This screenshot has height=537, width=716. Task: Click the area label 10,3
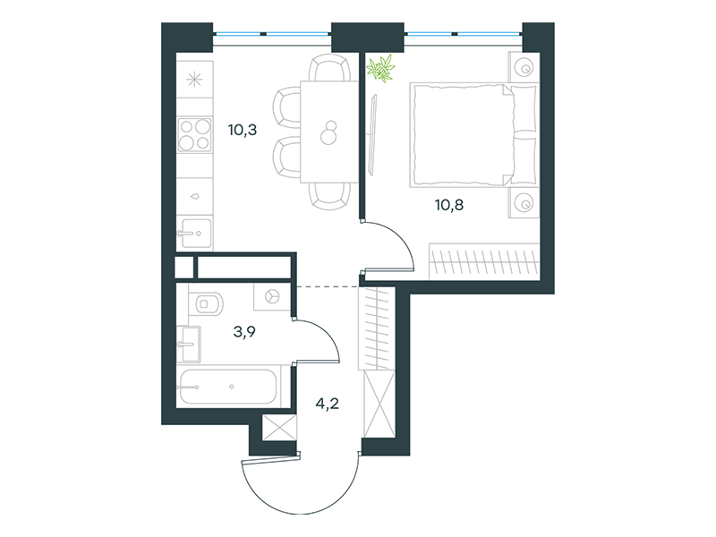tap(243, 130)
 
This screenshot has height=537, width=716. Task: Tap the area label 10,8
tap(449, 205)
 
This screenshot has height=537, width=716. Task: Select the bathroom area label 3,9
tap(244, 331)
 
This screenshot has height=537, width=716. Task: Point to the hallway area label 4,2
tap(327, 404)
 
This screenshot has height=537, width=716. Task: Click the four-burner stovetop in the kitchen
tap(195, 134)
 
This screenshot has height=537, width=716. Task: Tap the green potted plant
tap(380, 68)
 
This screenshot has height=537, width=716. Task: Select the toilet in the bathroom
tap(207, 303)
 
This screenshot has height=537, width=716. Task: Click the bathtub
tap(228, 387)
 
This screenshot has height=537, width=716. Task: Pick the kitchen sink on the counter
tap(195, 233)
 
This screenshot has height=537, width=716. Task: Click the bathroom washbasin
tap(189, 344)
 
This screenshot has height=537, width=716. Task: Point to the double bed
tap(473, 135)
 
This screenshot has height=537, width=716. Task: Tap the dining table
tap(328, 132)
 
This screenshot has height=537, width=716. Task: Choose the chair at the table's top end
tap(328, 68)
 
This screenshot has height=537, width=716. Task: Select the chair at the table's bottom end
tap(328, 196)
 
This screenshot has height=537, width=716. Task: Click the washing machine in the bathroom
tap(272, 297)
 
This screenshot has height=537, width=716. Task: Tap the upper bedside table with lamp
tap(524, 68)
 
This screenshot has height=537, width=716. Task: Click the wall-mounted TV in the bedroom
tap(372, 135)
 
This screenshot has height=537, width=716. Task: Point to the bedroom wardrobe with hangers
tap(484, 261)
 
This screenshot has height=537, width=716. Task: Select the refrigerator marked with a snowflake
tap(195, 80)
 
